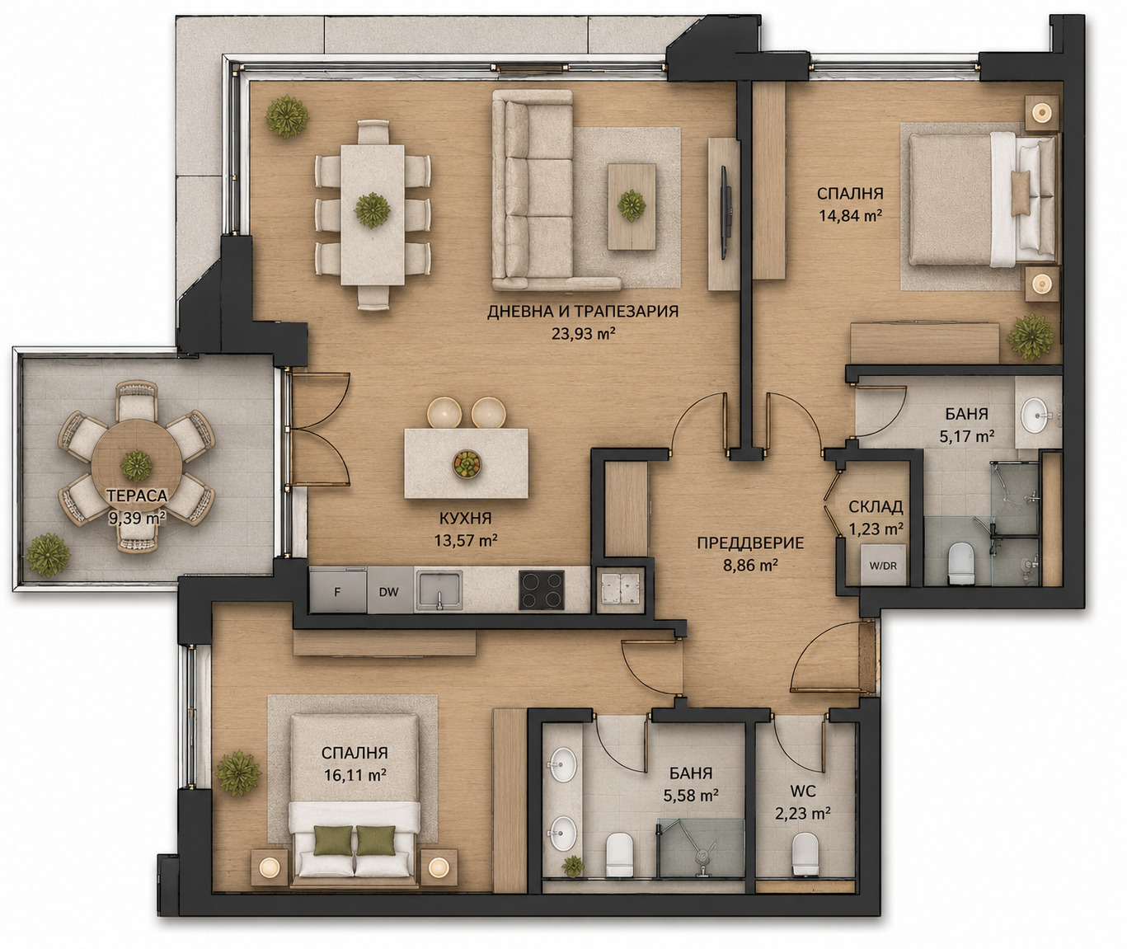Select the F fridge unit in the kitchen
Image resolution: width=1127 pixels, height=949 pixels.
click(x=338, y=590)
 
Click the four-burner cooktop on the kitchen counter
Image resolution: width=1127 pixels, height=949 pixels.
click(x=542, y=590)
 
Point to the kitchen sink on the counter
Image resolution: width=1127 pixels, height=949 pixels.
click(x=439, y=590)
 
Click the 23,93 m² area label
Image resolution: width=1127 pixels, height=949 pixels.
click(x=584, y=334)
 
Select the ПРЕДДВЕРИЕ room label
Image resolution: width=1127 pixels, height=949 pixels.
click(x=750, y=543)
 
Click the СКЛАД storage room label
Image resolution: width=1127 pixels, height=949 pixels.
click(x=876, y=506)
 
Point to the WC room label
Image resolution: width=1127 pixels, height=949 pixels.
click(x=803, y=792)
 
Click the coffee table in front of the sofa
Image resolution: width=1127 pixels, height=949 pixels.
click(x=632, y=207)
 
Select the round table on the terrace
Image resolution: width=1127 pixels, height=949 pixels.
click(x=137, y=465)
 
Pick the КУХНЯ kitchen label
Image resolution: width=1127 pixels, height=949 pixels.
click(x=465, y=519)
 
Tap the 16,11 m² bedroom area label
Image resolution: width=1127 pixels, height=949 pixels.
click(x=355, y=775)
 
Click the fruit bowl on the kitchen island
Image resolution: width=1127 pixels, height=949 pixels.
click(x=467, y=464)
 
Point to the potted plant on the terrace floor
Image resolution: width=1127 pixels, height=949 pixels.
click(x=49, y=556)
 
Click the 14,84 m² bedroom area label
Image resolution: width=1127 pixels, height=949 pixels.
click(x=850, y=216)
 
